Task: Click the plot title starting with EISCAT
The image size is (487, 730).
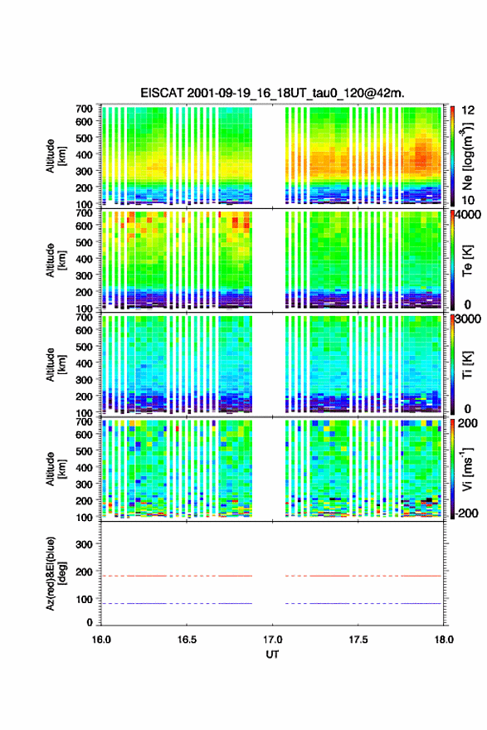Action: click(272, 93)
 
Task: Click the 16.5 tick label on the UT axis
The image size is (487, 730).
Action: click(186, 640)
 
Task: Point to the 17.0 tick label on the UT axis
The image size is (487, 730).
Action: click(272, 640)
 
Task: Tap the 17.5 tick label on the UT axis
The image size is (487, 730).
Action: click(358, 640)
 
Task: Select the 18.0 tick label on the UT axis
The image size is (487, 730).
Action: click(443, 640)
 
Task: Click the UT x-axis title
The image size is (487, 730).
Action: click(272, 655)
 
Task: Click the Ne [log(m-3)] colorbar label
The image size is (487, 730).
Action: click(467, 157)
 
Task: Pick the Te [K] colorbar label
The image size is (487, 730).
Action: click(467, 260)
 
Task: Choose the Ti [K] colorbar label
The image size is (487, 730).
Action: click(467, 365)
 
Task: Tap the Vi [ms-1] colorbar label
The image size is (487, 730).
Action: click(467, 469)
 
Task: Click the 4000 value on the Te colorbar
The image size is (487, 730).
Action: click(469, 216)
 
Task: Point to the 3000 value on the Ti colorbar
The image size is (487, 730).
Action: click(469, 319)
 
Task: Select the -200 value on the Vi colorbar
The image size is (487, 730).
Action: click(467, 513)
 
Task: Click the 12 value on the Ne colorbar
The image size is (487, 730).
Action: click(468, 110)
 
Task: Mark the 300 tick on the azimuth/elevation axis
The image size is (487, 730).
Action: click(84, 544)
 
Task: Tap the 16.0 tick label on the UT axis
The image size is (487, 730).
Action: click(101, 640)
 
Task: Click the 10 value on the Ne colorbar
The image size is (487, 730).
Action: click(468, 200)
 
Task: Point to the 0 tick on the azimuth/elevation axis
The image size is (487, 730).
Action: click(90, 622)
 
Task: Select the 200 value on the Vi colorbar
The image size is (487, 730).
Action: click(467, 423)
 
